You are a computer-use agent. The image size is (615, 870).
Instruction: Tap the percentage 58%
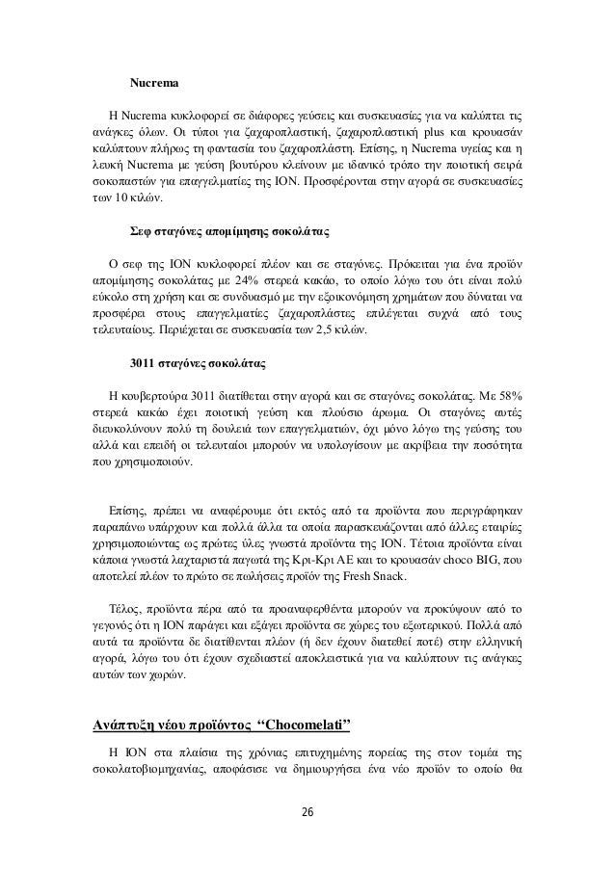coord(505,395)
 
